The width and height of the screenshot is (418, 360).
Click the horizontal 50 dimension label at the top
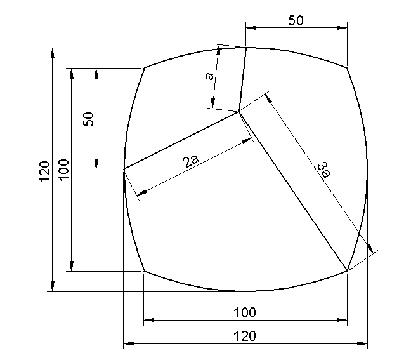[x=296, y=20]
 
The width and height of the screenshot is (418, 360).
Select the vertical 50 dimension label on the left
[x=89, y=119]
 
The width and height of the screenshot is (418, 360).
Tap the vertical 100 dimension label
[x=63, y=170]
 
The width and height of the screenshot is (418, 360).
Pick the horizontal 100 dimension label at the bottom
[x=245, y=312]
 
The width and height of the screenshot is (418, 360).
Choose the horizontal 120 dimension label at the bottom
[x=245, y=335]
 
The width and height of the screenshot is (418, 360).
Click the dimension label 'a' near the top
[x=209, y=76]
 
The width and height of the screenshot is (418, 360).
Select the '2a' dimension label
[x=192, y=161]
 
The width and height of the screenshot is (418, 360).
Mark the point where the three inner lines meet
[x=239, y=112]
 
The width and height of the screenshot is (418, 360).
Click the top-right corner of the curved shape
[x=348, y=67]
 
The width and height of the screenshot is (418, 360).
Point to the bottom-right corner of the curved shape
[x=348, y=271]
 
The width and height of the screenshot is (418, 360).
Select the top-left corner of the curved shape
[x=144, y=68]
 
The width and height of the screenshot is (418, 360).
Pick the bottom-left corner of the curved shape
[x=144, y=271]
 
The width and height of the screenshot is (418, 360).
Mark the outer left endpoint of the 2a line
[x=124, y=170]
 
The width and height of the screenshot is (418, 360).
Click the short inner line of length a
[x=242, y=80]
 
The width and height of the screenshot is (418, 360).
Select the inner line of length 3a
[x=293, y=191]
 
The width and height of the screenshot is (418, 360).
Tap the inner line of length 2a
[x=181, y=140]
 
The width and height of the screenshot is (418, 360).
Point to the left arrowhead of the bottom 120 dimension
[x=127, y=344]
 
